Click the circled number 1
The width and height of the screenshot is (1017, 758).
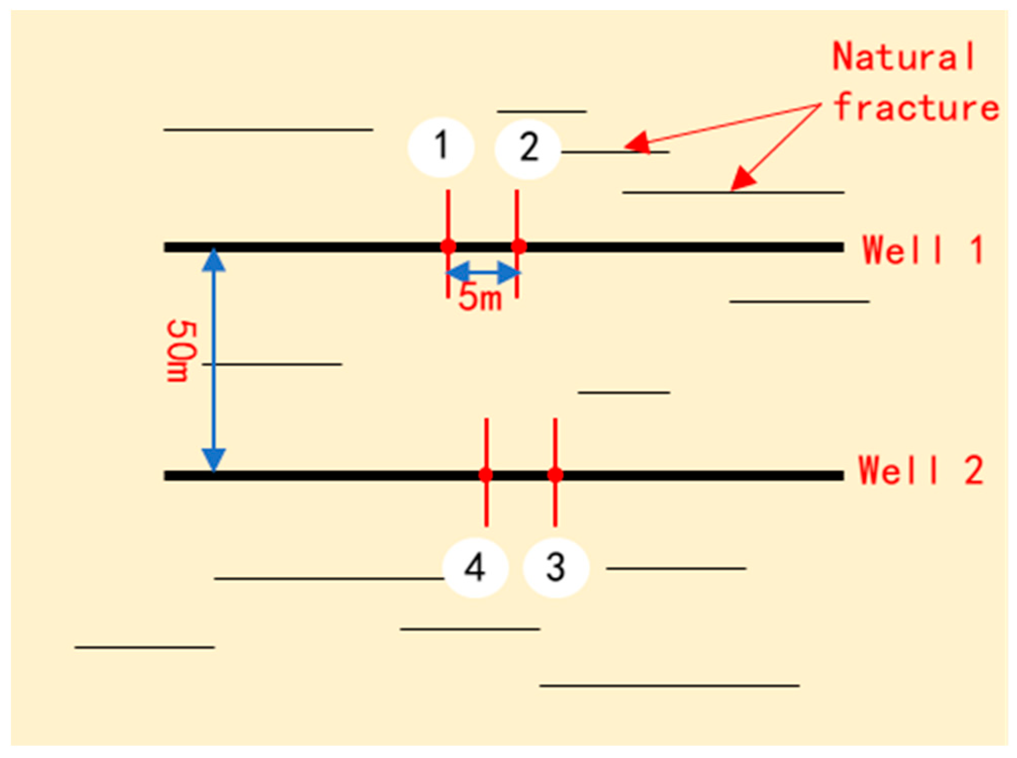click(441, 147)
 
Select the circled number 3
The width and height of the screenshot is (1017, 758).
click(556, 567)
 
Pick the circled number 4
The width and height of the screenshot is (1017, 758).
click(475, 567)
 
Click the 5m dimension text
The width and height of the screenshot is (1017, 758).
click(480, 299)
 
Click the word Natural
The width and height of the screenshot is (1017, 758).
click(904, 57)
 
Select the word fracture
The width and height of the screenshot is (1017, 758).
click(916, 108)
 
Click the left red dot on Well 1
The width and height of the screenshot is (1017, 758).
click(448, 247)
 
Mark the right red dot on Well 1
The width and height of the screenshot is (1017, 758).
click(519, 247)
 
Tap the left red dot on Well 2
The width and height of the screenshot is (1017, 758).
click(486, 475)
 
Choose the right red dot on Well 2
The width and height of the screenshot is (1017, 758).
click(555, 475)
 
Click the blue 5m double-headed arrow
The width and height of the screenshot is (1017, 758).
click(483, 273)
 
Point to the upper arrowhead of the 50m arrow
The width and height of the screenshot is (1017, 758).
click(214, 260)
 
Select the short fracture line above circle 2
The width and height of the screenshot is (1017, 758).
click(542, 111)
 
